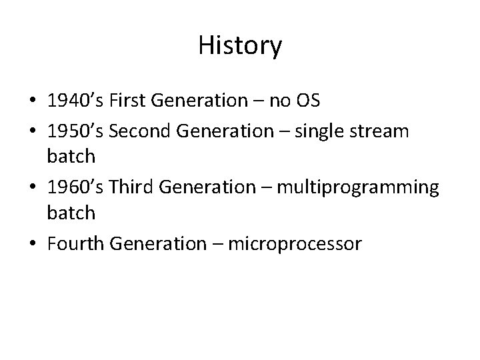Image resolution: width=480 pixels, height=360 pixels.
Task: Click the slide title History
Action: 240,46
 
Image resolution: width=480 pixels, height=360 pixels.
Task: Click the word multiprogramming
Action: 358,189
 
